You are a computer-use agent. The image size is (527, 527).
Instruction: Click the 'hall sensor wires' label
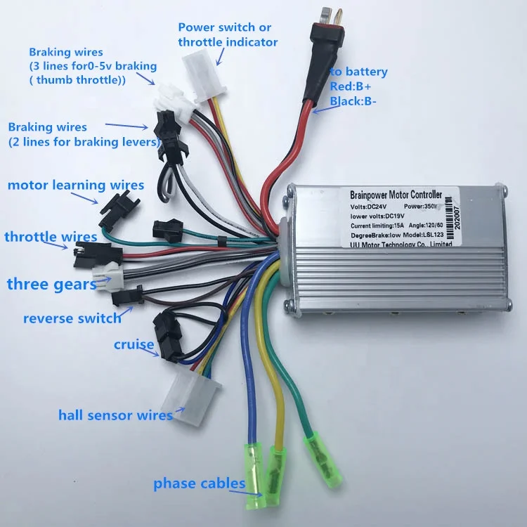point(115,415)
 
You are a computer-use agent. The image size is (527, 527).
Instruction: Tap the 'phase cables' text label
point(200,483)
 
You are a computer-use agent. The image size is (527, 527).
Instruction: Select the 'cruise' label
point(134,345)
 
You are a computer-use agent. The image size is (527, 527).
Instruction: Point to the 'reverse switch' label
point(72,318)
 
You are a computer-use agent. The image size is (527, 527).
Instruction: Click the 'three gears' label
point(52,284)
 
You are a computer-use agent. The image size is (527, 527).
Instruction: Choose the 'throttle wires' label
point(51,237)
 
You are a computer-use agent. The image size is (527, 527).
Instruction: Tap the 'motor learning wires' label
point(76,186)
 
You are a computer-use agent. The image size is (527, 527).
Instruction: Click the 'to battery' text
point(358,72)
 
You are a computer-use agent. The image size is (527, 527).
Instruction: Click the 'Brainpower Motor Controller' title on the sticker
point(396,194)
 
